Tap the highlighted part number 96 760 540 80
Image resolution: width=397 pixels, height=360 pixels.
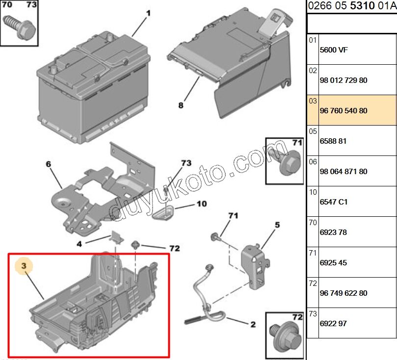tap(343, 111)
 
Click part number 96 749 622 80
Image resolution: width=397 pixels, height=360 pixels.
tap(343, 293)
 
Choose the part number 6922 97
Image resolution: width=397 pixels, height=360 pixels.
tap(333, 324)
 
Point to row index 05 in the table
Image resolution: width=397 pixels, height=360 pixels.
tap(313, 131)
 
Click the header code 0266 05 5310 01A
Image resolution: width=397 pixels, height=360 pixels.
tap(351, 6)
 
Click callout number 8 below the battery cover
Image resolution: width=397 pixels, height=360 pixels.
tap(181, 105)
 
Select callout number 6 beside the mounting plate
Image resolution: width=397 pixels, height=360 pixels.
tap(49, 164)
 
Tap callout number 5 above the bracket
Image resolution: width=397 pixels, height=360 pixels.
tap(277, 225)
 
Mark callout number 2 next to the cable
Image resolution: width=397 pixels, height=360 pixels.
tap(253, 324)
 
